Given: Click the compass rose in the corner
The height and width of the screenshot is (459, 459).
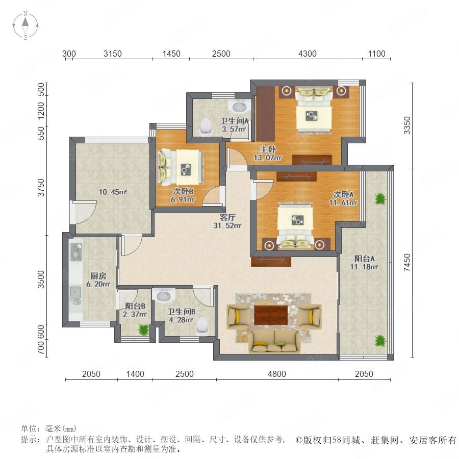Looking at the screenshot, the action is pyautogui.click(x=25, y=25).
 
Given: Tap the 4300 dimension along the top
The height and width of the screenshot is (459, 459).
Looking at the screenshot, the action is pyautogui.click(x=308, y=54).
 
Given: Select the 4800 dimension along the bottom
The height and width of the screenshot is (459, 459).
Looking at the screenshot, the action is pyautogui.click(x=277, y=374).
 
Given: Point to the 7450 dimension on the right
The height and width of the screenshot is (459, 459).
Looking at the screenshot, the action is pyautogui.click(x=407, y=262).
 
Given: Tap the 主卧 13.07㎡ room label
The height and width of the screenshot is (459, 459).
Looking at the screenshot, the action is pyautogui.click(x=268, y=154).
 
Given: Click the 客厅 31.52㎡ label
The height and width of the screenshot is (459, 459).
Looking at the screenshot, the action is pyautogui.click(x=227, y=221).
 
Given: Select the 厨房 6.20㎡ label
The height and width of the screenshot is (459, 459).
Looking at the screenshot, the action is pyautogui.click(x=98, y=280).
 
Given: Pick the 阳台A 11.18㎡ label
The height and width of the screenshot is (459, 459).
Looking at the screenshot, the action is pyautogui.click(x=364, y=263).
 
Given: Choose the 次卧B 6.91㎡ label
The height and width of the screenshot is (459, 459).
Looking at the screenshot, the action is pyautogui.click(x=183, y=195).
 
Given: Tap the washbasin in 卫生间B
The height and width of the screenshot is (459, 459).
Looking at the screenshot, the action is pyautogui.click(x=163, y=296).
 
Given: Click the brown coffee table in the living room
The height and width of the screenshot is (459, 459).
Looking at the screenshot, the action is pyautogui.click(x=271, y=315).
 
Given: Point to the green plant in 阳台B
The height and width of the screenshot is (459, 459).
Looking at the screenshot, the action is pyautogui.click(x=143, y=329).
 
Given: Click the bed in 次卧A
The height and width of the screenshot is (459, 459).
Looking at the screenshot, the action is pyautogui.click(x=295, y=225).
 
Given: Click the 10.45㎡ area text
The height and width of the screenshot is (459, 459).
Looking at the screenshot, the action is pyautogui.click(x=113, y=192).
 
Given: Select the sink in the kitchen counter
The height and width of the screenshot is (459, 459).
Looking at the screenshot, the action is pyautogui.click(x=75, y=292).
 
